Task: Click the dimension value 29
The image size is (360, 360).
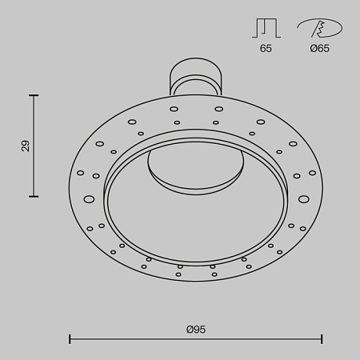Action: [x=25, y=146]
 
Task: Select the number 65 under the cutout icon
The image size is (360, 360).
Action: [x=266, y=49]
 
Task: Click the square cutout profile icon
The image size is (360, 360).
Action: [x=266, y=29]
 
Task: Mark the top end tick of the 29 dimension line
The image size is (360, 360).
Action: [x=34, y=95]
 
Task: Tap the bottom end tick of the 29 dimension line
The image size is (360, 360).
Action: [x=34, y=196]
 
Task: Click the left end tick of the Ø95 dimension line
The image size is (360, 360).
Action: [x=70, y=339]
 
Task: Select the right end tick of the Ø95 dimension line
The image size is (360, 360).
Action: [x=322, y=339]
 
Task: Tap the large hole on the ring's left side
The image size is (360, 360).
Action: [x=90, y=198]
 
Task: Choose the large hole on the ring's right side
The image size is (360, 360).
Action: [x=303, y=198]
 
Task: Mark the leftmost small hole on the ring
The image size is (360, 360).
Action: [x=80, y=173]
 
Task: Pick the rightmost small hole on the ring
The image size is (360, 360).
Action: [x=312, y=173]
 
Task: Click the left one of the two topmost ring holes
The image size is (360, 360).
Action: [x=174, y=109]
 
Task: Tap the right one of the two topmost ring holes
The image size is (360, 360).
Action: [x=218, y=109]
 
